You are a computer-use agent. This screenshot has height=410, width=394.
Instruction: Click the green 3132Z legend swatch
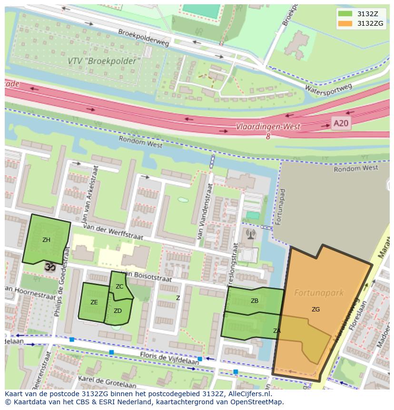click(345, 14)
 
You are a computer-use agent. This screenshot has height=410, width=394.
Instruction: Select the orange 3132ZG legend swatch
click(345, 23)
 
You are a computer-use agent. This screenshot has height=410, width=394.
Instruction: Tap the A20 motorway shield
click(340, 124)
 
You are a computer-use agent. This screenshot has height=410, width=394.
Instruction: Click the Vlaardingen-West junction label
click(268, 127)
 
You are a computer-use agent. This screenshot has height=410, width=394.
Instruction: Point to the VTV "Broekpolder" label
click(105, 61)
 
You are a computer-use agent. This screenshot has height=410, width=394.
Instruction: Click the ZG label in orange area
click(315, 310)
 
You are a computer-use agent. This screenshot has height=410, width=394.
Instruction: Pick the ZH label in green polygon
click(46, 240)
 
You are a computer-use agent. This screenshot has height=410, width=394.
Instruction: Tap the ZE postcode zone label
click(94, 302)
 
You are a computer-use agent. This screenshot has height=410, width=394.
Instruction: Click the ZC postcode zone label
click(119, 287)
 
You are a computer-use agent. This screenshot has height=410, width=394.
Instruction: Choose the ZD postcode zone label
click(118, 311)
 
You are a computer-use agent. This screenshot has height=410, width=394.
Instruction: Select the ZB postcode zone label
click(255, 301)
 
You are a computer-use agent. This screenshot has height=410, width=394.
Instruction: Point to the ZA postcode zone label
click(276, 330)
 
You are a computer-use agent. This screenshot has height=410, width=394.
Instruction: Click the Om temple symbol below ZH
click(49, 268)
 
